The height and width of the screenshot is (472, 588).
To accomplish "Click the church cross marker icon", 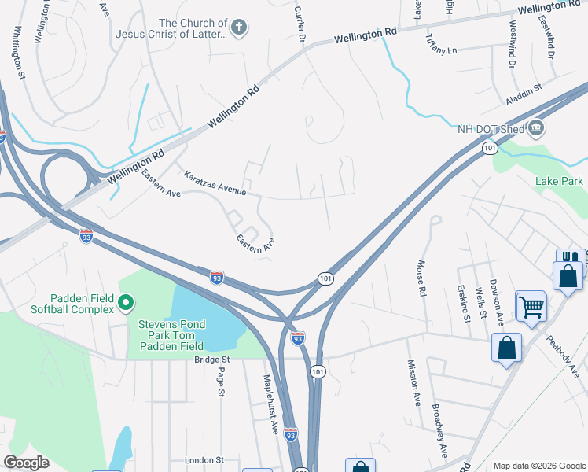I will click(x=240, y=29).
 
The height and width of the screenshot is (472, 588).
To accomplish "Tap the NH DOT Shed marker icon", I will click(x=536, y=127).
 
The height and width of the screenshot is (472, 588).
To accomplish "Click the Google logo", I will click(x=26, y=463).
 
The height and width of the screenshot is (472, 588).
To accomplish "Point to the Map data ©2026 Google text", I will click(x=538, y=466).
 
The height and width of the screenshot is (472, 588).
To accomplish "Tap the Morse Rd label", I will click(x=422, y=278).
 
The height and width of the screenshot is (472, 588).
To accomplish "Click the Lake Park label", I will click(x=559, y=182).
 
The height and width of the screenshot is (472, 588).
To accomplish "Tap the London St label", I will click(x=204, y=459).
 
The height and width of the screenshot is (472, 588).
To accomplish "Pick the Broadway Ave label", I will click(x=439, y=431).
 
